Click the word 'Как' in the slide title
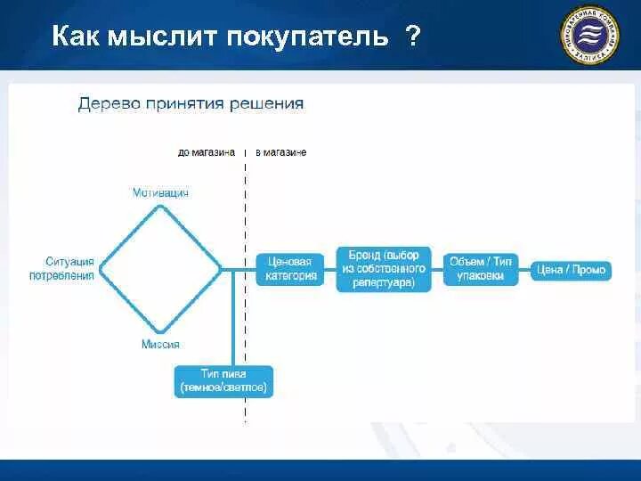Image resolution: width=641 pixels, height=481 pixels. click(76, 37)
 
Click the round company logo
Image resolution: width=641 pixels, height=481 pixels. click(589, 36)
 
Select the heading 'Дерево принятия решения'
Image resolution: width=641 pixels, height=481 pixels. click(191, 103)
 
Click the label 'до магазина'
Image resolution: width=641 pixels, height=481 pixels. click(207, 152)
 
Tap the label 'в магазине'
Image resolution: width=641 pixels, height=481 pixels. click(281, 152)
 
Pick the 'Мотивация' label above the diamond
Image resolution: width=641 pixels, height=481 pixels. click(160, 192)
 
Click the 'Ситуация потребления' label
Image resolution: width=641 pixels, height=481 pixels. click(69, 268)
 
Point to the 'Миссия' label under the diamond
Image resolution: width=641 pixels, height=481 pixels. click(160, 344)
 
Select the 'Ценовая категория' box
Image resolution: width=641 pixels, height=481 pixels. click(289, 268)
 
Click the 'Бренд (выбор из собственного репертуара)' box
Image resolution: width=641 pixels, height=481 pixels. click(384, 268)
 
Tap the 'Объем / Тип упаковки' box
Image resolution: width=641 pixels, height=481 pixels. click(481, 268)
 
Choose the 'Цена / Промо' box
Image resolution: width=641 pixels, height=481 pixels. click(571, 269)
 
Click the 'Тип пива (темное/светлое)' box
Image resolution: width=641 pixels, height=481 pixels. click(223, 381)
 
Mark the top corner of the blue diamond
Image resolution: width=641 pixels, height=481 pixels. click(160, 207)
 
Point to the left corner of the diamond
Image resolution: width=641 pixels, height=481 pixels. click(101, 268)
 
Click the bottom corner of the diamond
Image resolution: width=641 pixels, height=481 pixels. click(160, 329)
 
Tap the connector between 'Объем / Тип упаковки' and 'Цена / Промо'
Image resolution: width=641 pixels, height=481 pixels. click(525, 269)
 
